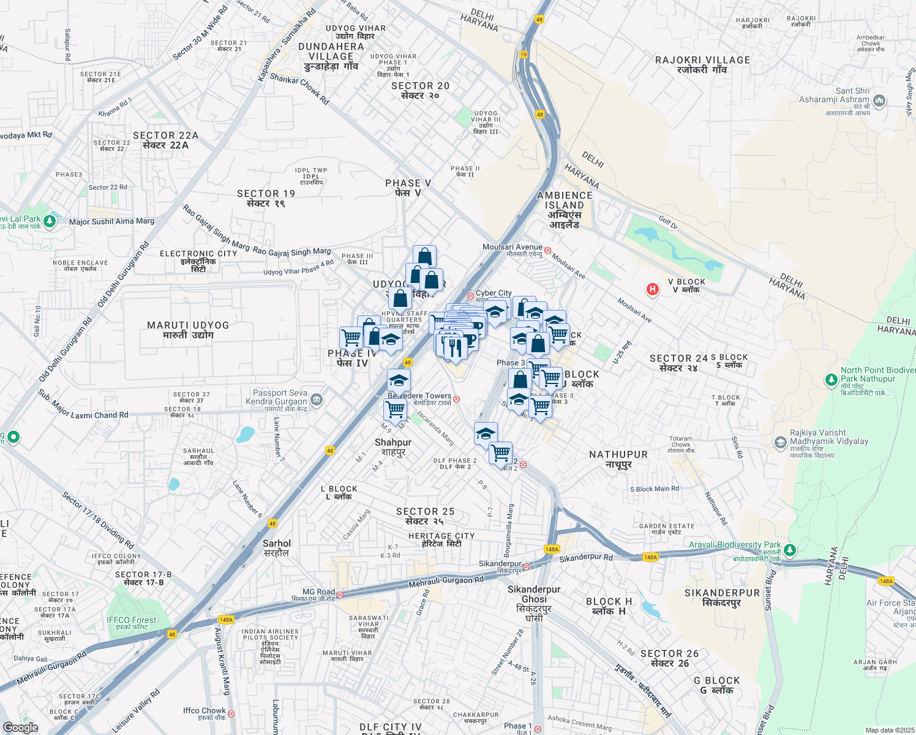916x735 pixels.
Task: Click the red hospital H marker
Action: coord(653,289)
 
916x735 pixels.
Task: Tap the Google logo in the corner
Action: coord(20,727)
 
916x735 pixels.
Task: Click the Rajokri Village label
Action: coord(702,64)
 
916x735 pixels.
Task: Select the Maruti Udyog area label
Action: coord(188,330)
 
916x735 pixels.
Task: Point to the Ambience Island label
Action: coord(565,209)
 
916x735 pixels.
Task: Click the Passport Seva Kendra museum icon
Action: coord(317,400)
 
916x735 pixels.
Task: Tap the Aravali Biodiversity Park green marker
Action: coord(790,549)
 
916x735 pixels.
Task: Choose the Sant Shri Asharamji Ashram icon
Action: coord(879,100)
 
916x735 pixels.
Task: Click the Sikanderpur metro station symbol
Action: coord(526,567)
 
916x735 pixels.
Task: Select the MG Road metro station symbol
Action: coord(340,595)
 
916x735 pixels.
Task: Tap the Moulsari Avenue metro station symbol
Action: coord(548,251)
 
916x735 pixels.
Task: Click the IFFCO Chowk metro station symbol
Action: coord(231,714)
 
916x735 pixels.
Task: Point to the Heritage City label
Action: coord(441,540)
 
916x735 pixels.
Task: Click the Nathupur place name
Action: coord(618,459)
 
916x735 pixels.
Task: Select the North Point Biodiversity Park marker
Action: coord(831,380)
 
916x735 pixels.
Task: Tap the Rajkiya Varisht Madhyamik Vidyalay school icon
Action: coord(780,442)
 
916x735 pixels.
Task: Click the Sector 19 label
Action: coord(266,198)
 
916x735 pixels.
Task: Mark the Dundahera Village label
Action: coord(331,56)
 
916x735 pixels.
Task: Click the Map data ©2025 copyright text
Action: coord(890,730)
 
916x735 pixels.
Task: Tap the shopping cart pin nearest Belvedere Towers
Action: coord(396,408)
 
